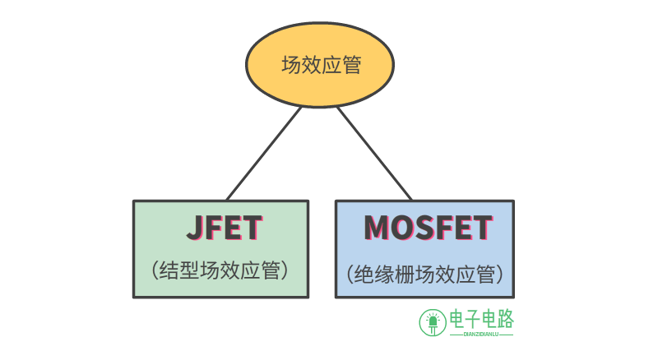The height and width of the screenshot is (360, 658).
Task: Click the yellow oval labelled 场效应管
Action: click(321, 66)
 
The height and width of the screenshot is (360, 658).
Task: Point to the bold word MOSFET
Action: click(428, 228)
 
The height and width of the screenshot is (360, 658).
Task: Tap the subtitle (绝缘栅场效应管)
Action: click(424, 273)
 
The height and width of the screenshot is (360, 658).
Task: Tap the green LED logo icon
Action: click(432, 322)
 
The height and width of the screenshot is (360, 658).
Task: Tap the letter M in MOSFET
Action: click(378, 228)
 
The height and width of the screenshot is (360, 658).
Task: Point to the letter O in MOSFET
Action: click(404, 228)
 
